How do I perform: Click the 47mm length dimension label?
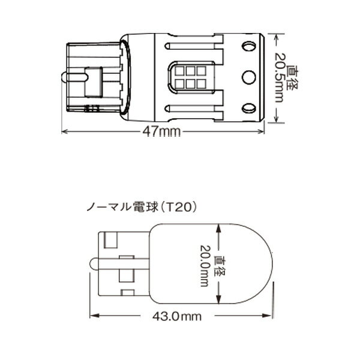[161, 132]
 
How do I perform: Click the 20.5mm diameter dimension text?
[280, 77]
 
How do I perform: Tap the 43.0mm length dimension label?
[177, 317]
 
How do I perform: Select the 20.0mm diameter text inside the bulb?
[205, 266]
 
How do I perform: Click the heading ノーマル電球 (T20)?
[142, 208]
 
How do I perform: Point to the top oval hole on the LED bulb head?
[249, 46]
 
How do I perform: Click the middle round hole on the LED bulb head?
[249, 77]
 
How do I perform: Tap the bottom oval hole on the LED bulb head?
[249, 108]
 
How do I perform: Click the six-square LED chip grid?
[190, 77]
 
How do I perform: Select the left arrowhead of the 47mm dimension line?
[65, 131]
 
